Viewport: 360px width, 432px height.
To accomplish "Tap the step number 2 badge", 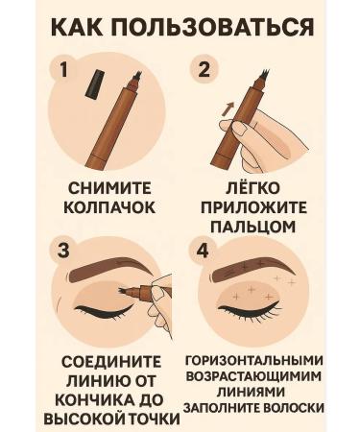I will click(x=202, y=69).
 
